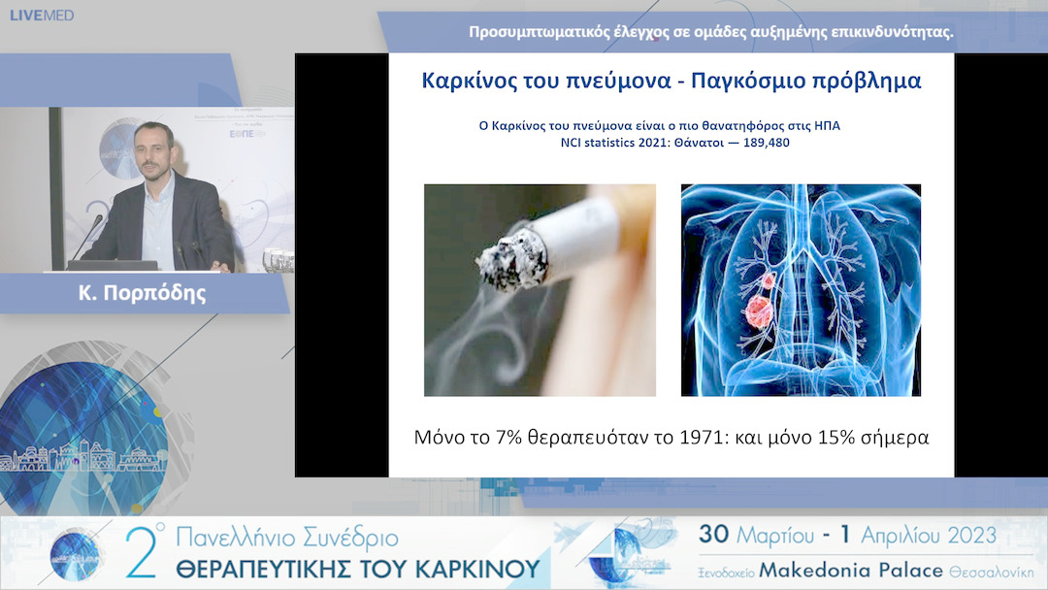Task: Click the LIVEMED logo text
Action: [42, 16]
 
